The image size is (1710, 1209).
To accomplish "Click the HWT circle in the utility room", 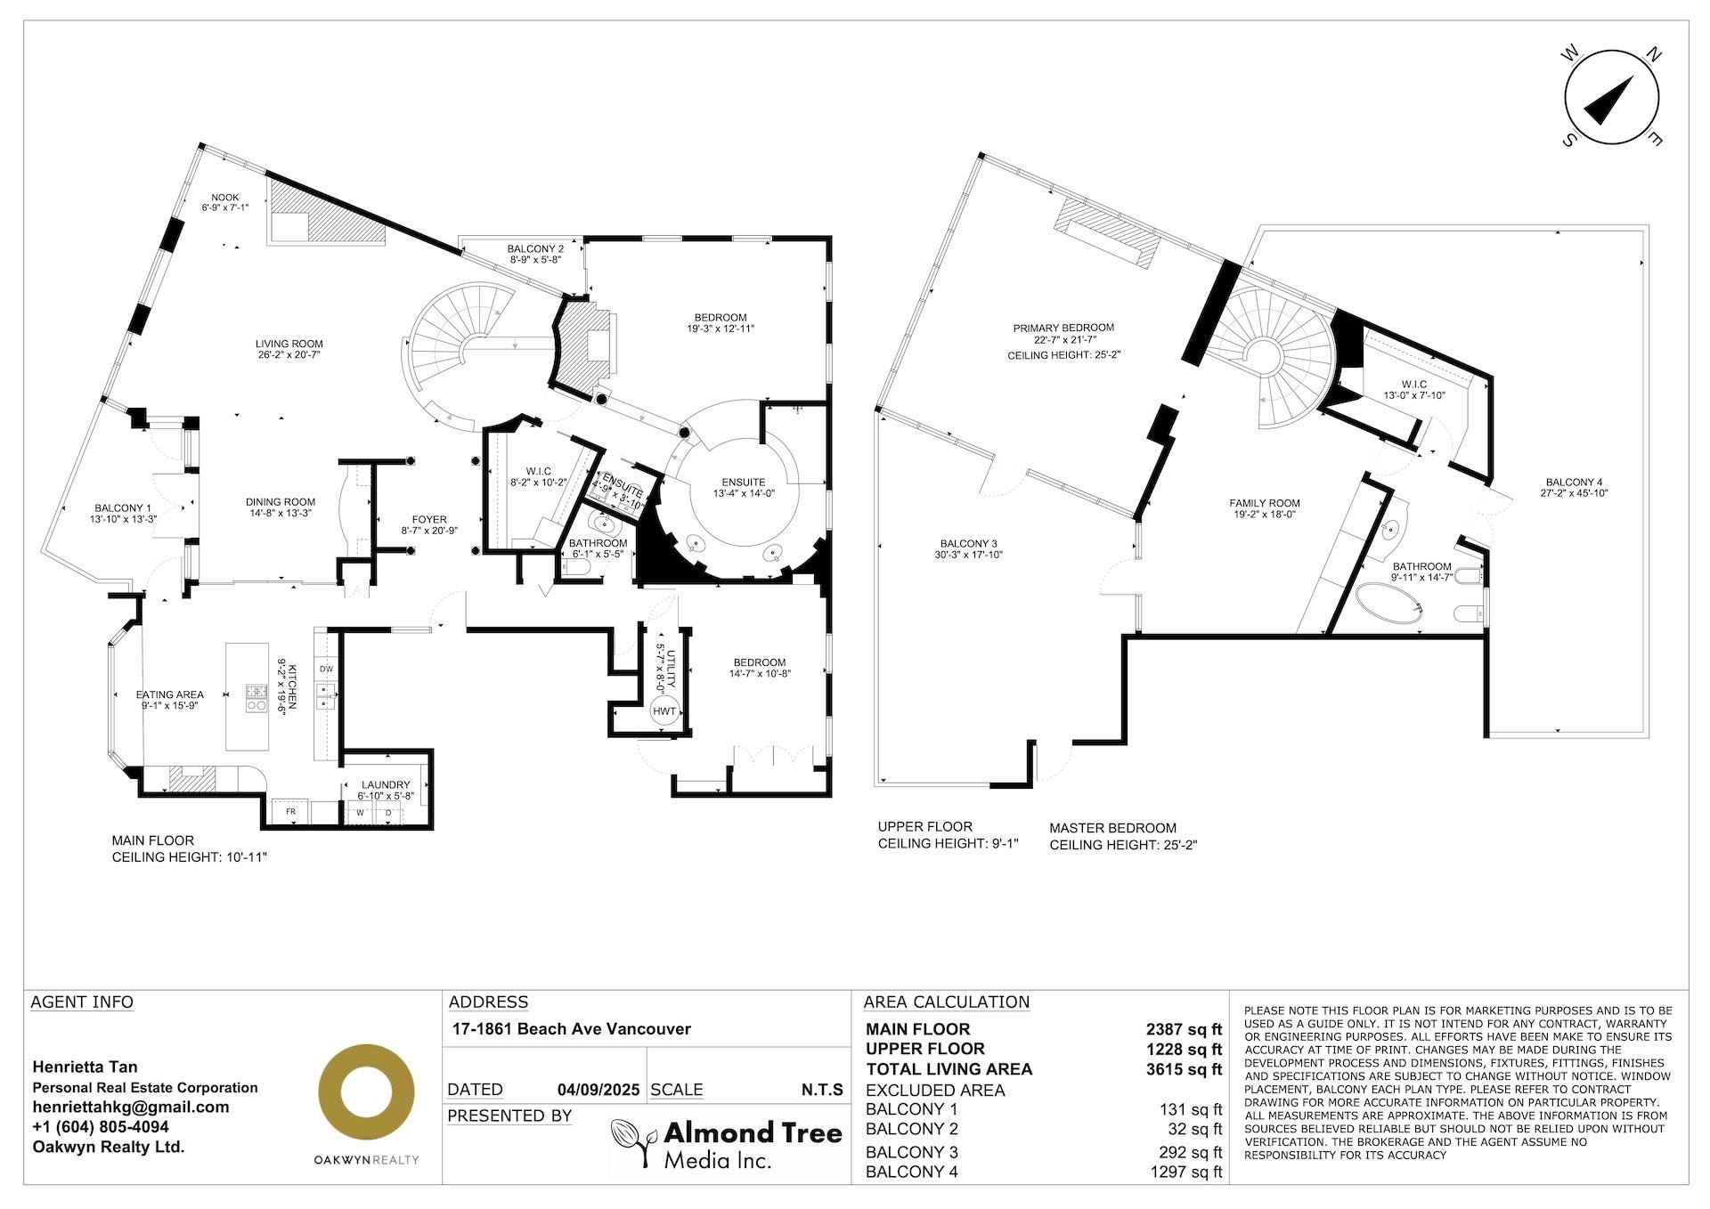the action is (664, 710).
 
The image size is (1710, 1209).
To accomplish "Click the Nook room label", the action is (224, 198).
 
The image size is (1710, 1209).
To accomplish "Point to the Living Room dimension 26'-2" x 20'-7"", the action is (289, 354).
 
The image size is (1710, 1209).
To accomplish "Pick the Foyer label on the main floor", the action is (429, 520).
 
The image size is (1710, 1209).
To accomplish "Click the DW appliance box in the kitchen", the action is (326, 669).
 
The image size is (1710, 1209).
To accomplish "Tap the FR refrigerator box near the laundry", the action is (290, 813).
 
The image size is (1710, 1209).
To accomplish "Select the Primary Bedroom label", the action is (1063, 328).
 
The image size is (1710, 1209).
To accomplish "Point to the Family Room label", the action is (1265, 503).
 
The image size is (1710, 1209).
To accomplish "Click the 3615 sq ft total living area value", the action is (1184, 1069).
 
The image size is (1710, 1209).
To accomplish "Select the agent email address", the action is (131, 1107).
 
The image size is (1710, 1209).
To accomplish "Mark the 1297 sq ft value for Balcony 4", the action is (1186, 1172).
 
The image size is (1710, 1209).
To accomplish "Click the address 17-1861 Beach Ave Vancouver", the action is (571, 1029).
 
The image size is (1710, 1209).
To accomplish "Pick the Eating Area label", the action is (169, 694).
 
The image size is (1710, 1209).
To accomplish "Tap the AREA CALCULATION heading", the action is (947, 1002).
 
